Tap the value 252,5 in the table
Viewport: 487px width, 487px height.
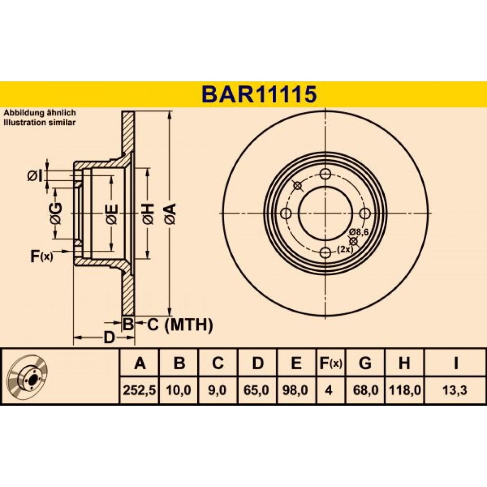pos(139,390)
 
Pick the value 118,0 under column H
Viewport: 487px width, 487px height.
pos(405,390)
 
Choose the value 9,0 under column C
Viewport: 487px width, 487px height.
pos(217,390)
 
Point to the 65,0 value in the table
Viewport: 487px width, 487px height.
pos(256,390)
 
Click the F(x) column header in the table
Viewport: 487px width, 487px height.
pos(331,363)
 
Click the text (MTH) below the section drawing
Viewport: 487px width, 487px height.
pos(188,325)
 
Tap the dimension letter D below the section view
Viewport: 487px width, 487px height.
pos(109,337)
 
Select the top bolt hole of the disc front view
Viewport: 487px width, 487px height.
pos(325,174)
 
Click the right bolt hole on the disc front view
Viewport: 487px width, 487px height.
pos(365,213)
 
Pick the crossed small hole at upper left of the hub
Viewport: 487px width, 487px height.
pos(298,186)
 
